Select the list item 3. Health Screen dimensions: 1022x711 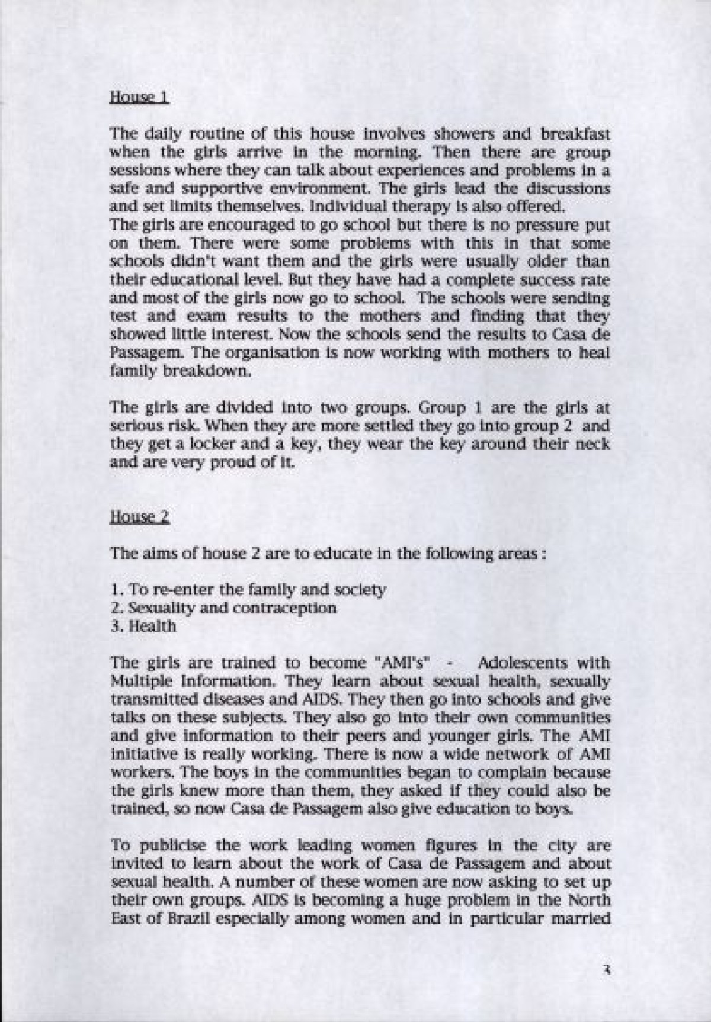coord(143,626)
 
